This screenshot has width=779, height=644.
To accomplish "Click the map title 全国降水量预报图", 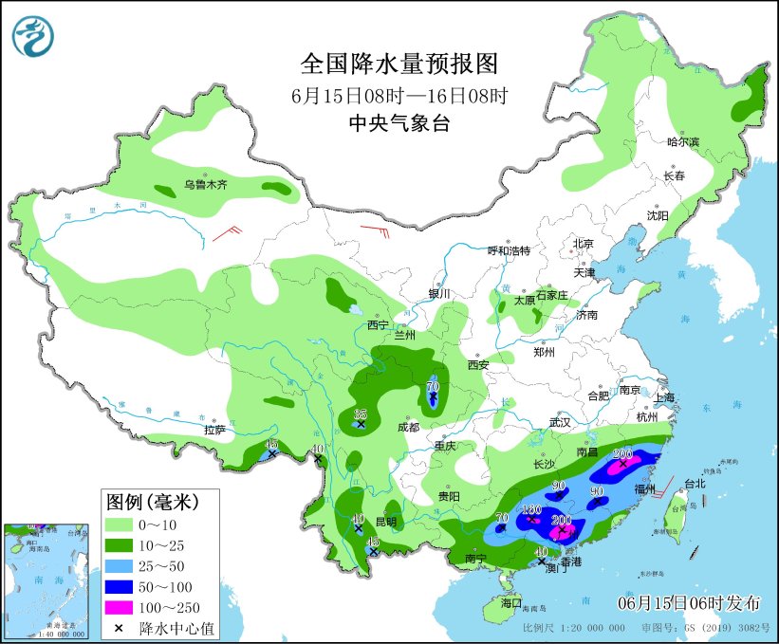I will coord(399,64).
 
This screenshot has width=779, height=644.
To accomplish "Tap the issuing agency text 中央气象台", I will coord(399,123).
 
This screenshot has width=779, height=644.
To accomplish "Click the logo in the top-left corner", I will coord(33,36).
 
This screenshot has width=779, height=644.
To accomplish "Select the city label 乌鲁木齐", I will coord(206,185).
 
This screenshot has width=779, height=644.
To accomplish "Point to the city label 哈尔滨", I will coord(682,142).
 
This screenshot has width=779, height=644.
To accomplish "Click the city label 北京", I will coord(583,244).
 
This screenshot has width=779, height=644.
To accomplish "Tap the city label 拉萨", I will coord(214,430).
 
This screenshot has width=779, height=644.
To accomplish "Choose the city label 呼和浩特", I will coord(509,250).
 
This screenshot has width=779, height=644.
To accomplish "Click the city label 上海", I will coord(663,397).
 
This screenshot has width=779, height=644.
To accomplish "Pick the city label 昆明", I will coord(386,523).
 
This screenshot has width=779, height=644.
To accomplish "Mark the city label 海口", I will coord(511,602).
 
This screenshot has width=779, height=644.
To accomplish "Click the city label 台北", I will coord(695,484).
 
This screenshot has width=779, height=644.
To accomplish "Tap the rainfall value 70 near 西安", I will coord(433,386).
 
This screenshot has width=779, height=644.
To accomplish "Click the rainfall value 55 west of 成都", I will coord(360,414).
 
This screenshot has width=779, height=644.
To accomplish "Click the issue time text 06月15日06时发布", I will coord(689,602).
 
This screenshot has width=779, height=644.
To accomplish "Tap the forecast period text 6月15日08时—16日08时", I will coord(399,95).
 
